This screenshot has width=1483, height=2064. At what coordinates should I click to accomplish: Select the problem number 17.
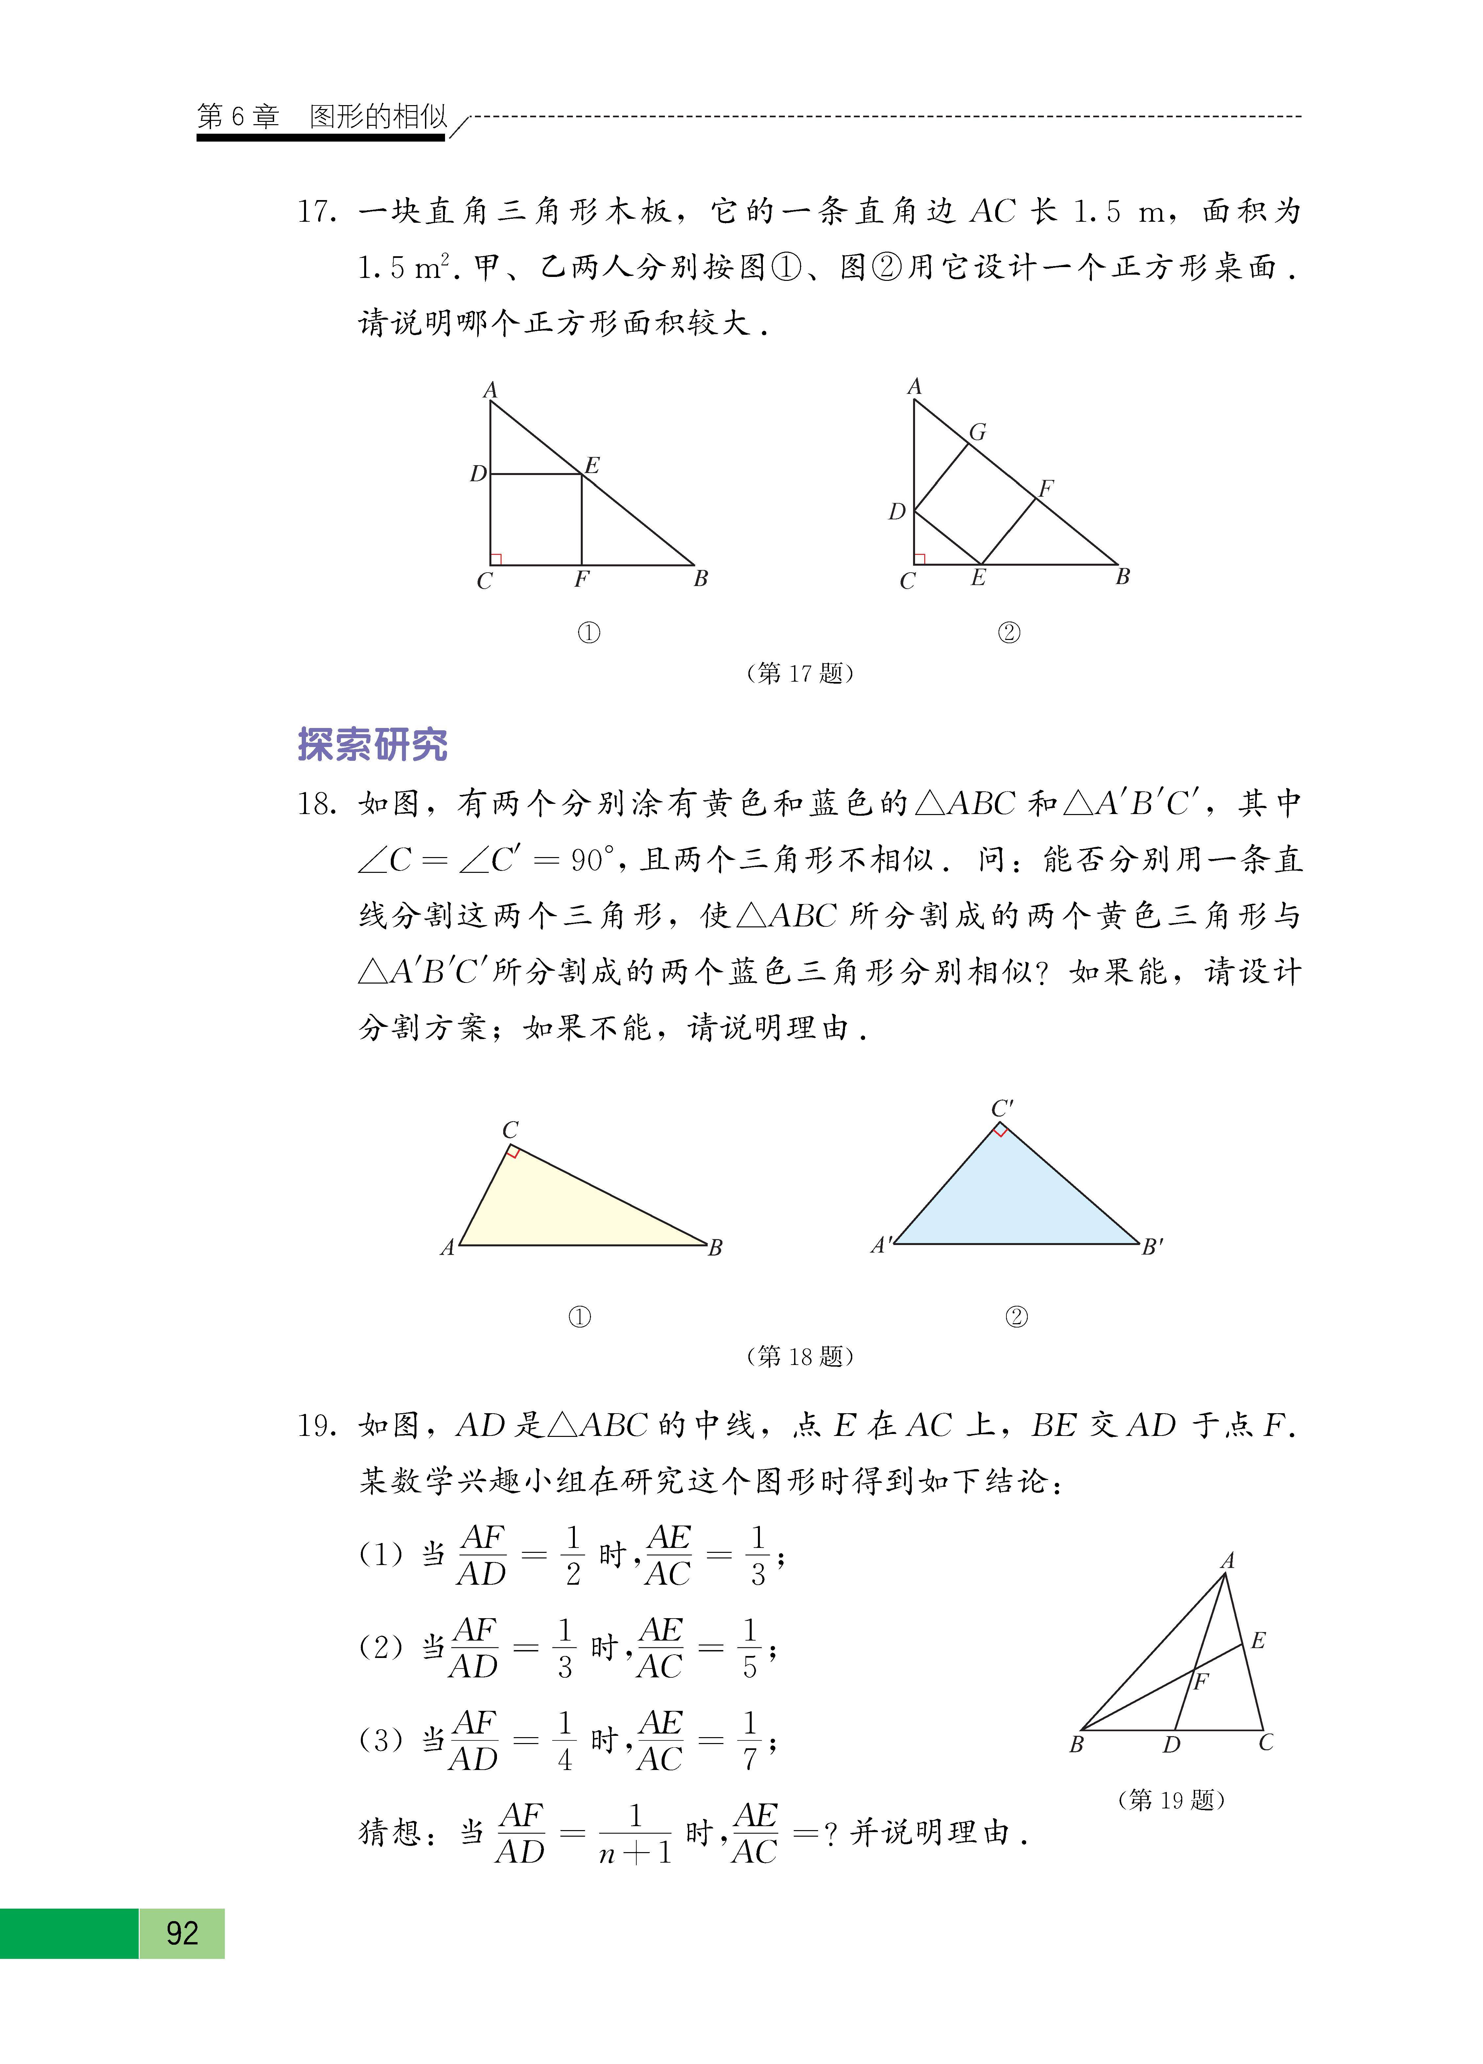(316, 212)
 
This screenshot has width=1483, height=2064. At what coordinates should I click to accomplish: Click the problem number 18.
(316, 804)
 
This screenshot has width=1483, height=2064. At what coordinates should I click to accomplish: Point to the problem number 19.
(316, 1425)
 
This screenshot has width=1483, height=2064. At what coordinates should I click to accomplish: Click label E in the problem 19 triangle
(1258, 1641)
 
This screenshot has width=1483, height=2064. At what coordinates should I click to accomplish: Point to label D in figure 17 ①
(478, 474)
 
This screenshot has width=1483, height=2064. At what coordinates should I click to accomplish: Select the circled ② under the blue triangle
(1016, 1317)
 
